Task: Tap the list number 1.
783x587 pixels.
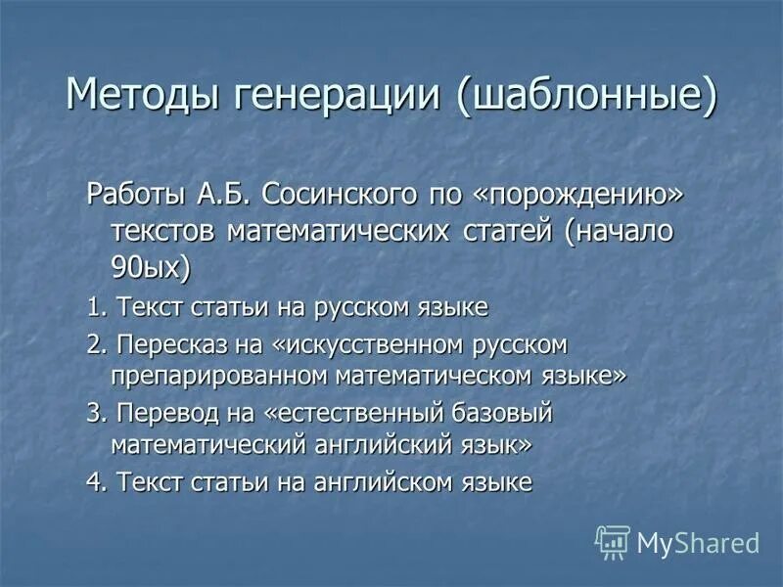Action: click(95, 308)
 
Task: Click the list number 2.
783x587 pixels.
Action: click(95, 345)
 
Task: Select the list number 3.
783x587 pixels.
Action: click(95, 414)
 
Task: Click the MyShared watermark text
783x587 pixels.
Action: click(697, 542)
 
